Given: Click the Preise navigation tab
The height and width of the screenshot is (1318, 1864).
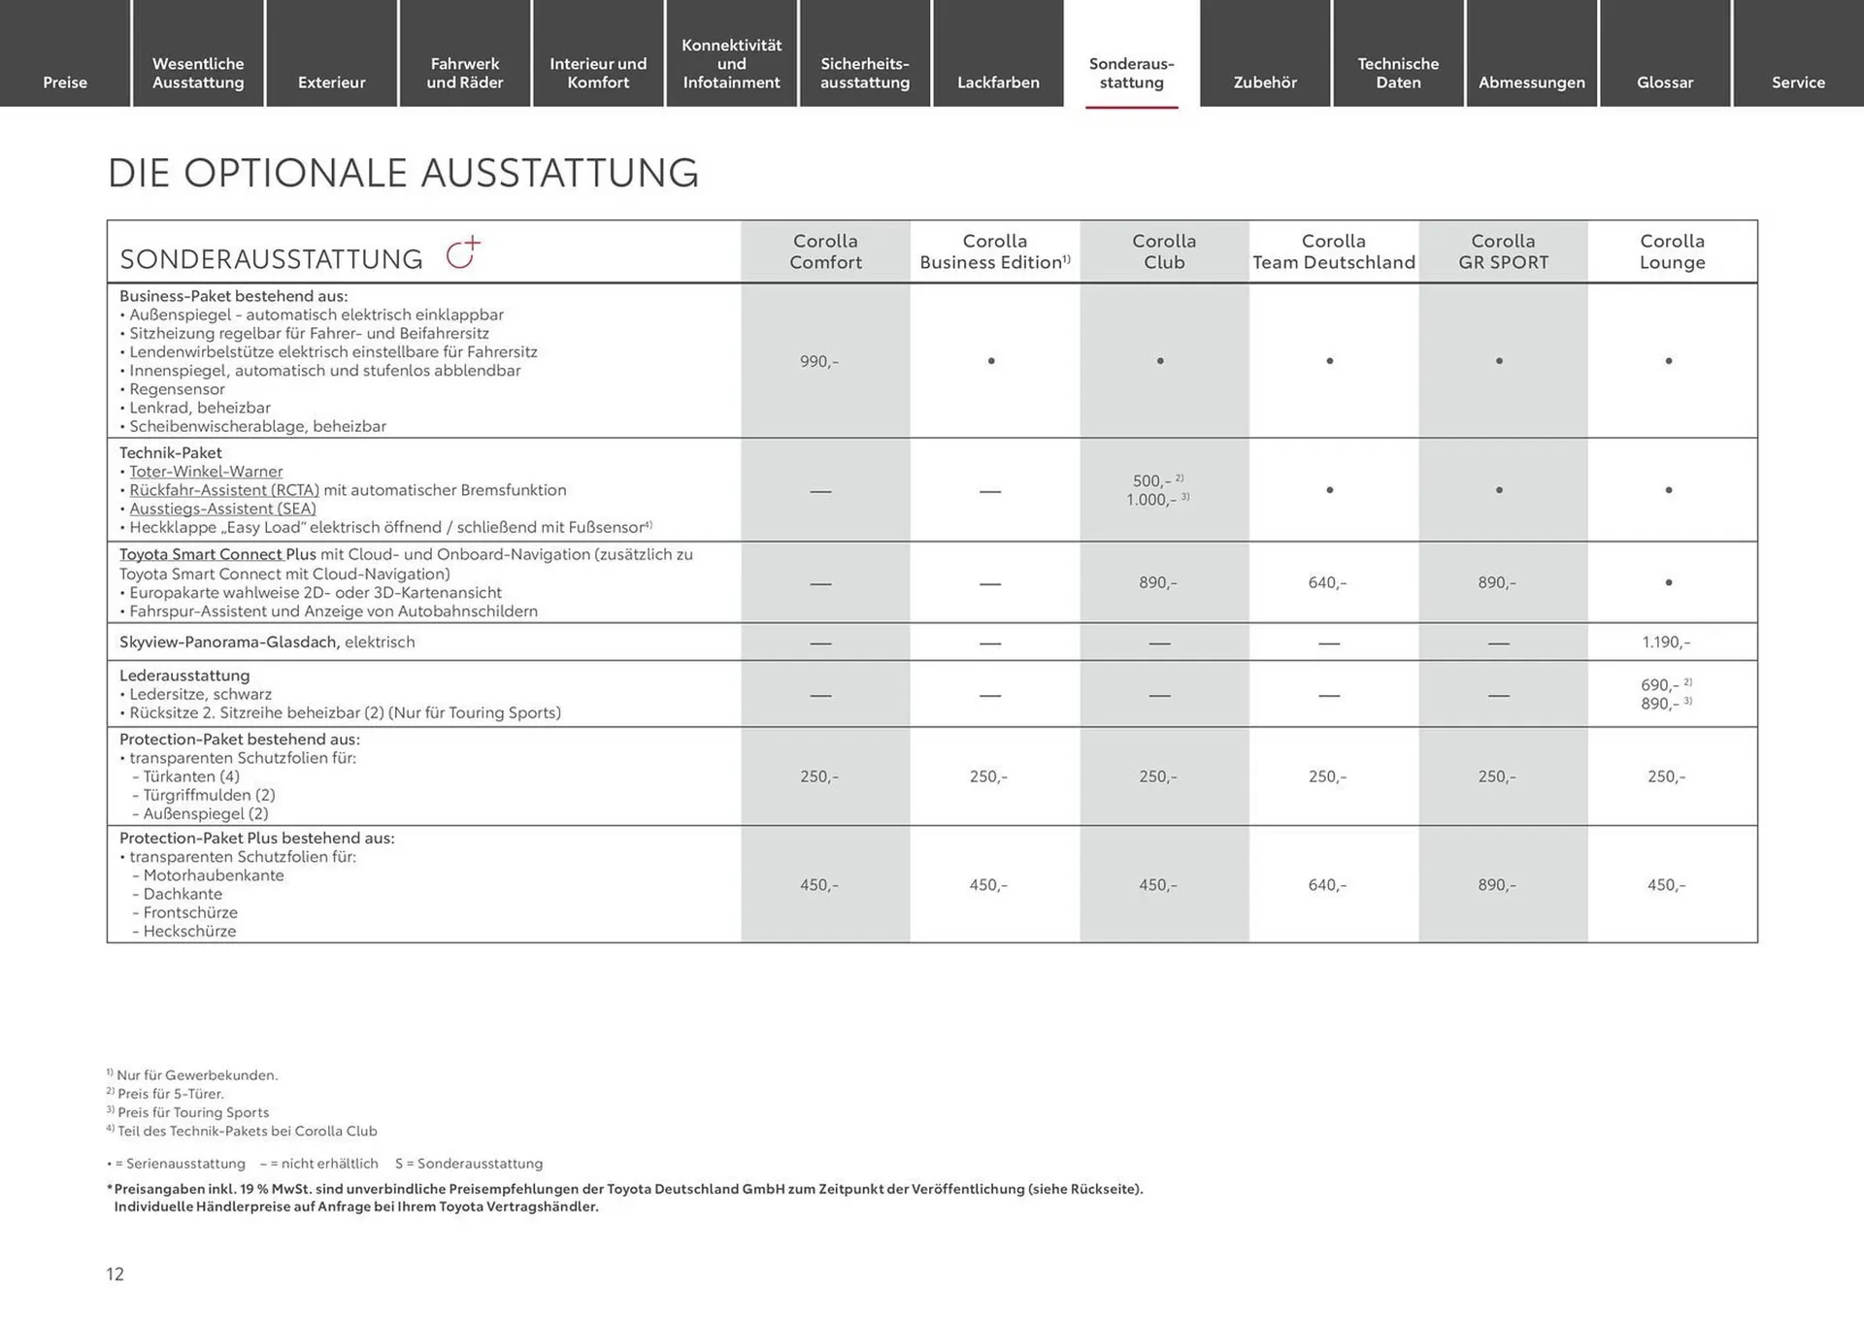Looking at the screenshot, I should pyautogui.click(x=65, y=82).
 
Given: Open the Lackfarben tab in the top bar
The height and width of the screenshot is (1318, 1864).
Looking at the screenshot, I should pyautogui.click(x=998, y=82).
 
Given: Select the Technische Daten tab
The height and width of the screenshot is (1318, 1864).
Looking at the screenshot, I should pyautogui.click(x=1398, y=73).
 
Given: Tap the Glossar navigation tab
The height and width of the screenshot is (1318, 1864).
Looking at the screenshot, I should pyautogui.click(x=1665, y=82).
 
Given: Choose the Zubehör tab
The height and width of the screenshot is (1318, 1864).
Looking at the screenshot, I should pyautogui.click(x=1265, y=82).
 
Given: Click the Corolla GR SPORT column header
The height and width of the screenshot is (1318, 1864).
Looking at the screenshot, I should pyautogui.click(x=1503, y=251).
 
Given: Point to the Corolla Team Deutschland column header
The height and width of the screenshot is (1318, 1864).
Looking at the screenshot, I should pyautogui.click(x=1334, y=251).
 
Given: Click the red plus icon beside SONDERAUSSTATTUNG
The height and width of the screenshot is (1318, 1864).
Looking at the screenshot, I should pyautogui.click(x=463, y=252).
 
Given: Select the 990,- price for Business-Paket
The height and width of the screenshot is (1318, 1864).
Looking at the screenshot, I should pyautogui.click(x=818, y=361).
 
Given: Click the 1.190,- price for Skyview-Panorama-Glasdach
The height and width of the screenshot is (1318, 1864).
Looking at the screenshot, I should pyautogui.click(x=1666, y=642).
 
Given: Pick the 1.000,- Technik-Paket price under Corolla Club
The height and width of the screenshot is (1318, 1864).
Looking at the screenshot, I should pyautogui.click(x=1151, y=500).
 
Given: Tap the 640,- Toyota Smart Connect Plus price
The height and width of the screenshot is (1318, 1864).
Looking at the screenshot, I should pyautogui.click(x=1327, y=582).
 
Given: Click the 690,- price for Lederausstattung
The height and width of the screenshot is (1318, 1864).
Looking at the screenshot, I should pyautogui.click(x=1659, y=685).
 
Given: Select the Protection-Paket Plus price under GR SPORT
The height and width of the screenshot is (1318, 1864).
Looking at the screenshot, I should pyautogui.click(x=1496, y=885).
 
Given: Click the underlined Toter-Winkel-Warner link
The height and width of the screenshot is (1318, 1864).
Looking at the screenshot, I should pyautogui.click(x=206, y=472).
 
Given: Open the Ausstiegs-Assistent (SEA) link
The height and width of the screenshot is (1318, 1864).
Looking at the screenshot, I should pyautogui.click(x=222, y=509).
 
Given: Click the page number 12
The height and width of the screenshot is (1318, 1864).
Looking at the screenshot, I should pyautogui.click(x=116, y=1274).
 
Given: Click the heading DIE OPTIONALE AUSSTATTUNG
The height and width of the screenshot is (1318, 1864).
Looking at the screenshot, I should pyautogui.click(x=403, y=173).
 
